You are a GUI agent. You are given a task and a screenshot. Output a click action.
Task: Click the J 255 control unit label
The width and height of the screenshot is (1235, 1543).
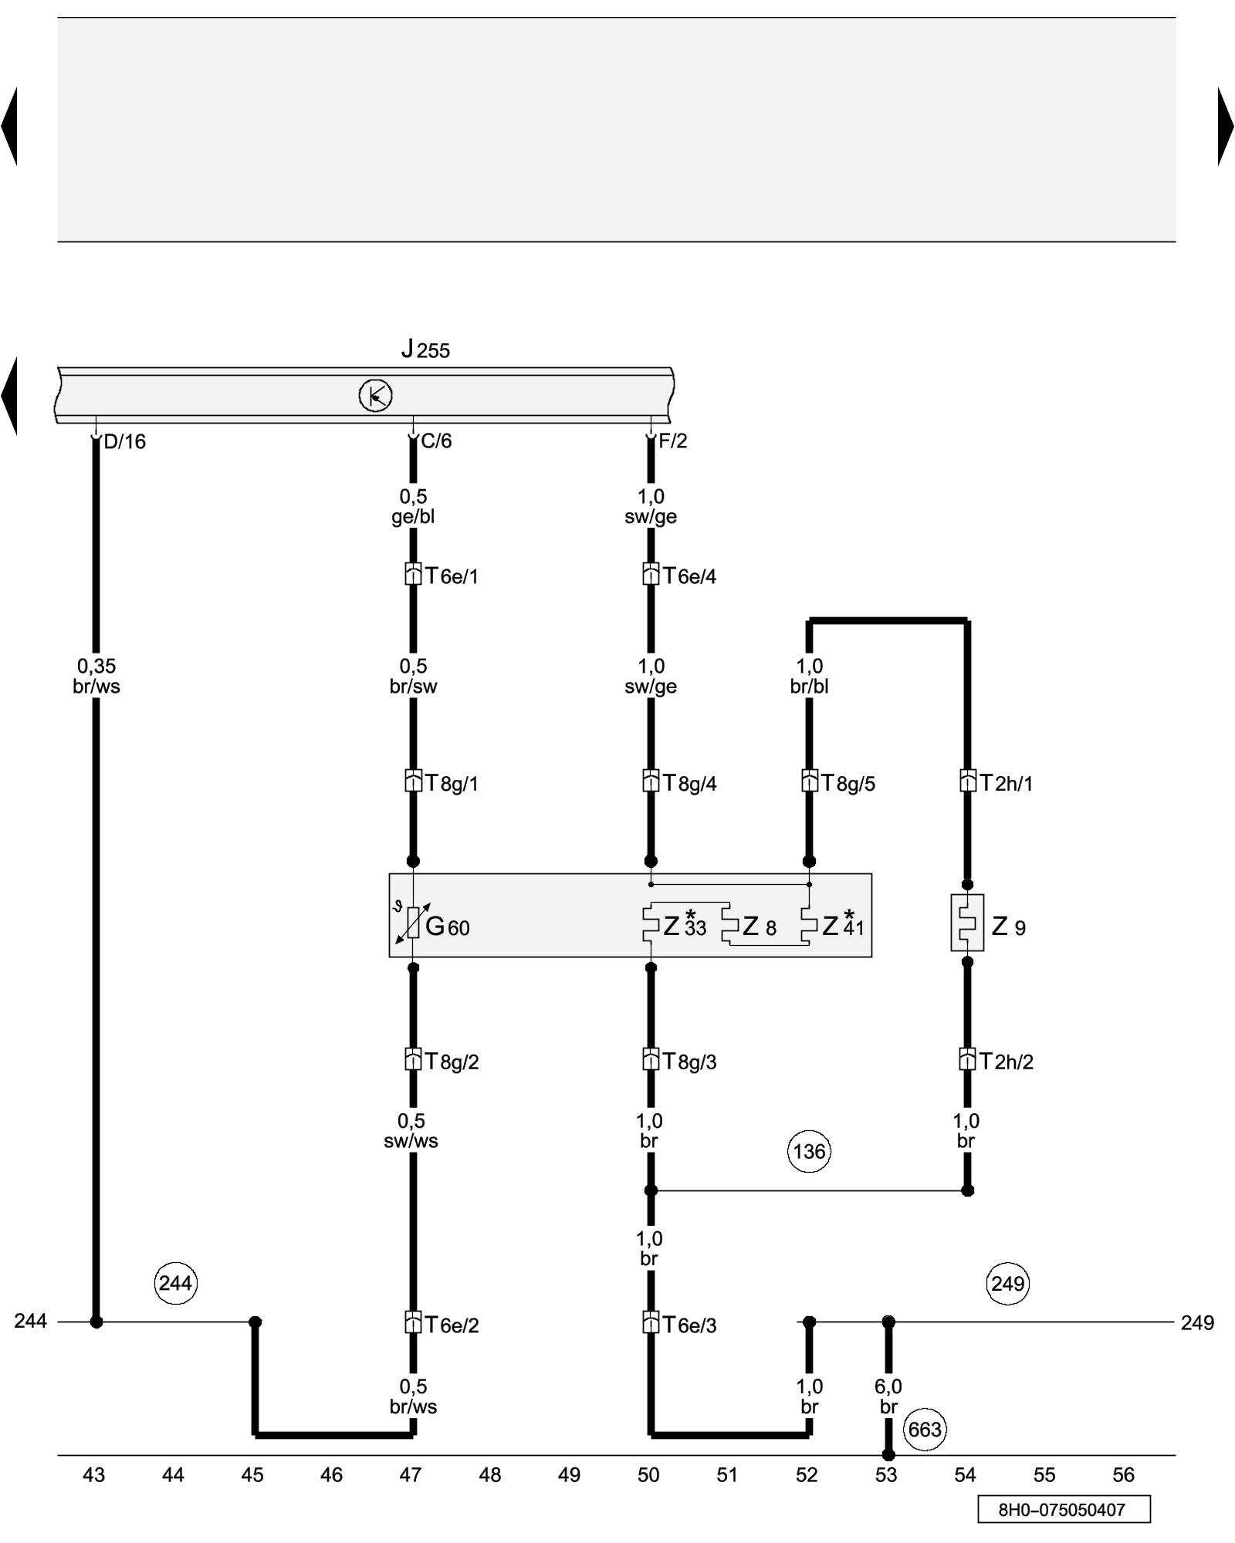coord(425,349)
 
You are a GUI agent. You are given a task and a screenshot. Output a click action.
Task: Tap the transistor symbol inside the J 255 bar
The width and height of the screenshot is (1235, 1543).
coord(376,396)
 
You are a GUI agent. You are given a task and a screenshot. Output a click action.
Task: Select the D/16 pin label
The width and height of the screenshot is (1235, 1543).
coord(124,441)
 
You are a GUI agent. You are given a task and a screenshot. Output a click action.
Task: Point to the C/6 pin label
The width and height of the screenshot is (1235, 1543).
coord(436,441)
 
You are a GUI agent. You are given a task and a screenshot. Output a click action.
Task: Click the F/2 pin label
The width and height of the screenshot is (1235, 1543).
coord(672,441)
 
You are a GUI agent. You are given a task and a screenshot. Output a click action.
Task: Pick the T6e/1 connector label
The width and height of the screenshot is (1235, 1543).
coord(452,576)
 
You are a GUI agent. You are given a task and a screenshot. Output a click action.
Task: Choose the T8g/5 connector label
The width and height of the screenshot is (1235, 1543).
coord(848,783)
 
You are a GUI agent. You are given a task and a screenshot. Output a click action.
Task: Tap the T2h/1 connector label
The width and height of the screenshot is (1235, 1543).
coord(1007,783)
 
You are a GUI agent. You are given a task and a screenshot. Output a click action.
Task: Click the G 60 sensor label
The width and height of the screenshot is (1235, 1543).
coord(448,926)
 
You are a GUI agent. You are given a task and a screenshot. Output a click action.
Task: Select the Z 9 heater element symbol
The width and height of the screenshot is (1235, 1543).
coord(967,923)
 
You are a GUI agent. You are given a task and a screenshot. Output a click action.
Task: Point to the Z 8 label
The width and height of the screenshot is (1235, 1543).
coord(760,926)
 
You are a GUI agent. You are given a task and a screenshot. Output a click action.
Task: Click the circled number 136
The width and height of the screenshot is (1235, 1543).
coord(809,1152)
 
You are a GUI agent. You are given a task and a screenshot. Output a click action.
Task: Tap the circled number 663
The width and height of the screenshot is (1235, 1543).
coord(925,1430)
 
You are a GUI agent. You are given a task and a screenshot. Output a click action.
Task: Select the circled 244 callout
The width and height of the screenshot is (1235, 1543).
coord(175,1283)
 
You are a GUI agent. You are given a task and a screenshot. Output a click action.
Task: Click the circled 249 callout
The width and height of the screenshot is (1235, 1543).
coord(1008,1283)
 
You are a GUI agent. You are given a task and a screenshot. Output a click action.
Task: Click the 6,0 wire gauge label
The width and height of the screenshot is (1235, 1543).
coord(888,1386)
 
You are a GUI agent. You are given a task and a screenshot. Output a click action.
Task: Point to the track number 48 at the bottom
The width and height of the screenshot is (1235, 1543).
coord(490,1475)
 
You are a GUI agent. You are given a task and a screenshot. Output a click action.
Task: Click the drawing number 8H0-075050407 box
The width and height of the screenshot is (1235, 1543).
coord(1064,1509)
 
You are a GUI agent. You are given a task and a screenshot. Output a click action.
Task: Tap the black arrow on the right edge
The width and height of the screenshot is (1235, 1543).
coord(1226,126)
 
